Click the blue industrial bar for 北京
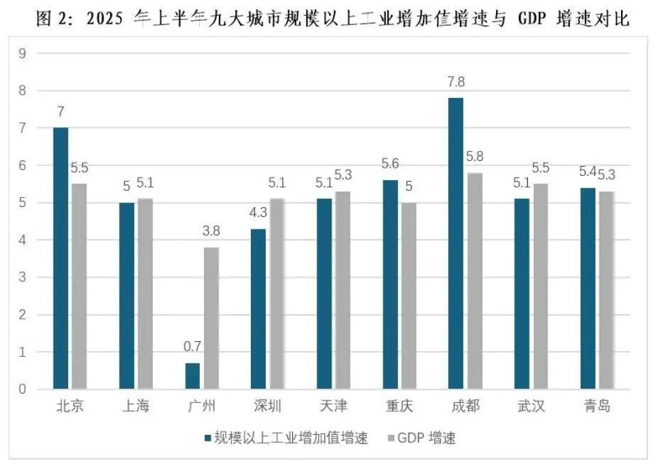click(61, 258)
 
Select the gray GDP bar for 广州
click(211, 318)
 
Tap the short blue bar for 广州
click(192, 376)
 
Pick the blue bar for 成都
click(456, 243)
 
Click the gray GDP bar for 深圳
click(277, 293)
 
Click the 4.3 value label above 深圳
click(257, 212)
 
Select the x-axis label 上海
click(136, 407)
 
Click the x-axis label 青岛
click(597, 407)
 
